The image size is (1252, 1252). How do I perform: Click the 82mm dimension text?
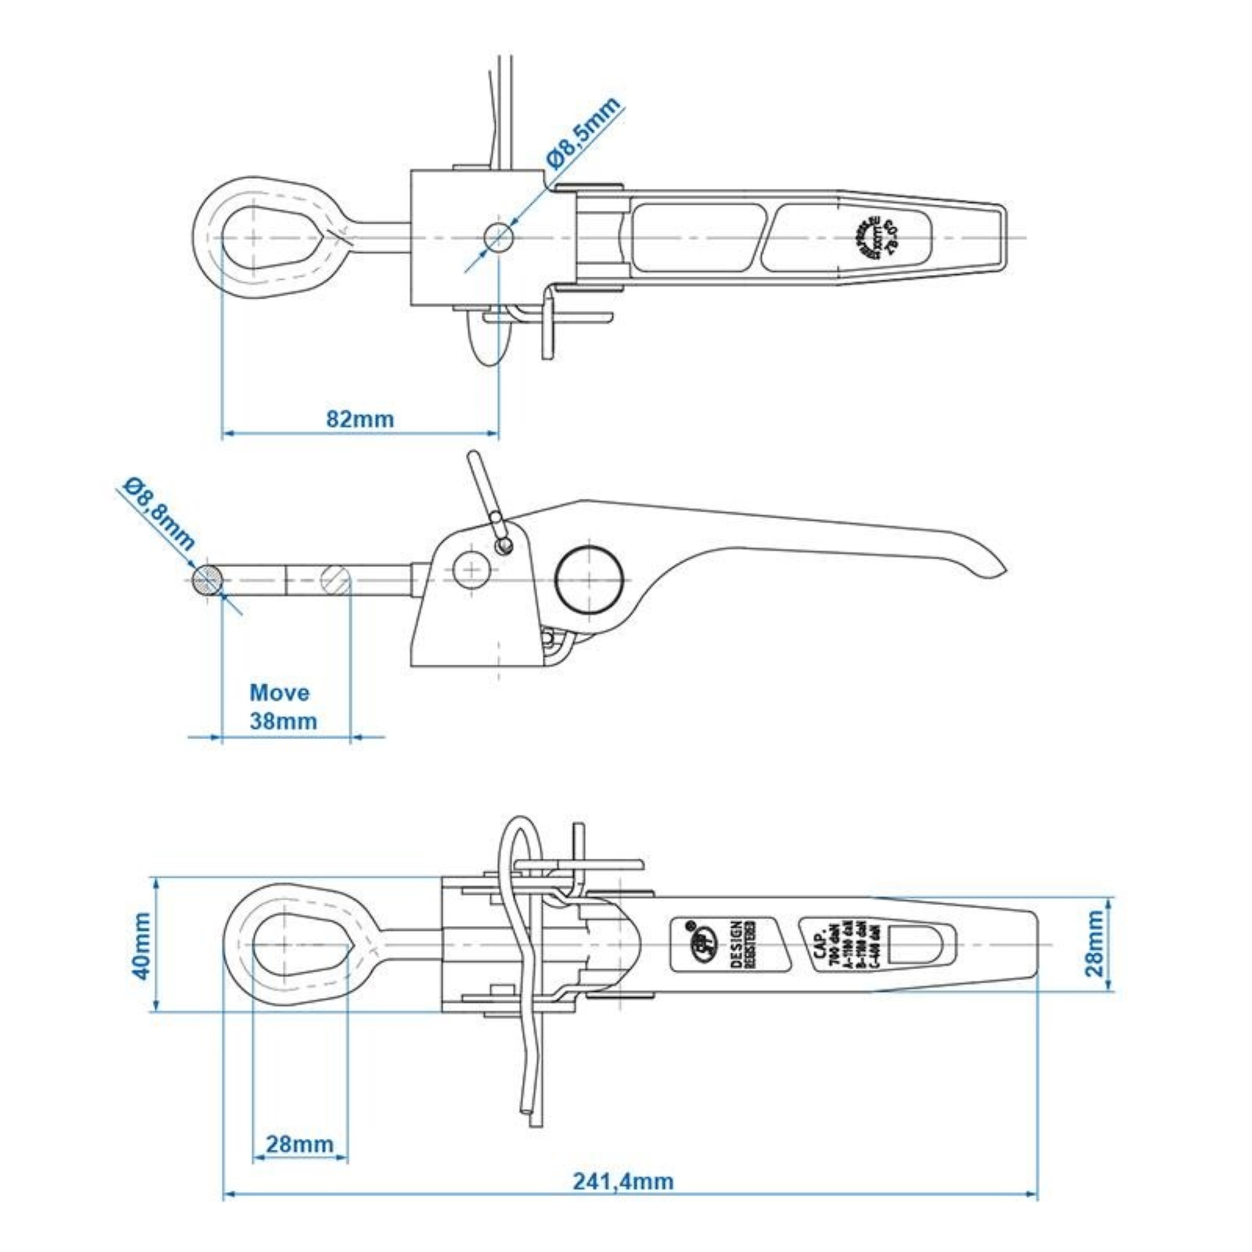point(360,419)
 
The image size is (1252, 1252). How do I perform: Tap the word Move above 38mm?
point(279,693)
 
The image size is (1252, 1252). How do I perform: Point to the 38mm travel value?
point(283,721)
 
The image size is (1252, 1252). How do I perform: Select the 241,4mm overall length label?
point(623,1181)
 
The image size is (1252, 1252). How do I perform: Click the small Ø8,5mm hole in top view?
point(499,237)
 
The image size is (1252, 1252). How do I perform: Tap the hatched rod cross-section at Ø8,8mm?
point(207,580)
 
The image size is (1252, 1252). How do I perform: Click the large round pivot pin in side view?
point(589,579)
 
